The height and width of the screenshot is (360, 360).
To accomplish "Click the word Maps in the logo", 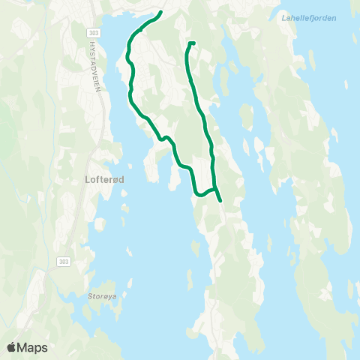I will [x=33, y=347].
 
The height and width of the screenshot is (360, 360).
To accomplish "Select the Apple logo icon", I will [x=12, y=346].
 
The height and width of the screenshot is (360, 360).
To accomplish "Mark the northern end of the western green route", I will [x=161, y=13].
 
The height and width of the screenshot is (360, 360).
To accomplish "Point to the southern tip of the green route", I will [x=220, y=200].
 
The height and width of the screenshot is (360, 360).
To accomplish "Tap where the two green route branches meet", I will [x=215, y=190].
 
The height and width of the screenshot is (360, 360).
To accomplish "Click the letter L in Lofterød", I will [x=78, y=180].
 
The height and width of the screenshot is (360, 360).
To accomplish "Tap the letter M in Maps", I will [x=24, y=347].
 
